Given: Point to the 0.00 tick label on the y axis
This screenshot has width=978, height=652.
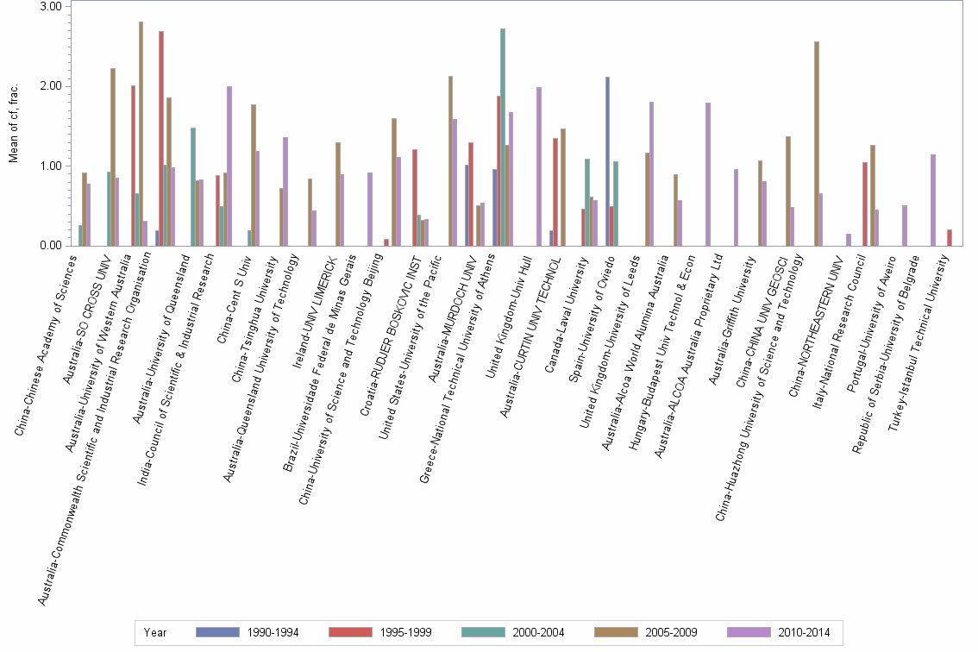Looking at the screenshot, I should tap(50, 246).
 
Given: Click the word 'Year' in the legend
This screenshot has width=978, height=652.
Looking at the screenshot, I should tap(155, 632).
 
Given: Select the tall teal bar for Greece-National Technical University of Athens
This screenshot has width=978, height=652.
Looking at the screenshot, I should tap(503, 137).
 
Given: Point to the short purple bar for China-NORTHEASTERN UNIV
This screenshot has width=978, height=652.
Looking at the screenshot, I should tap(849, 240).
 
